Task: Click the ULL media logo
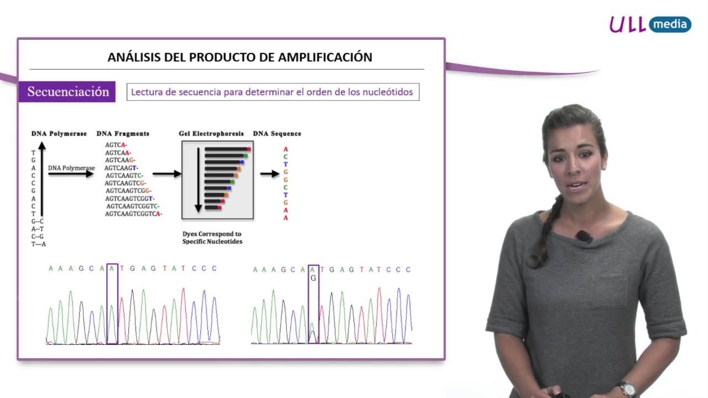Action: coord(650,24)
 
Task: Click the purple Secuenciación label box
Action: coord(67,92)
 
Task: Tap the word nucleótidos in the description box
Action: coord(387,92)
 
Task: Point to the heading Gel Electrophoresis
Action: coord(211,134)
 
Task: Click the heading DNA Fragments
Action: coord(123,134)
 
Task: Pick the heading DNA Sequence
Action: coord(277,134)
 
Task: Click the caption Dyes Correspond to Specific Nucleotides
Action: coord(212,238)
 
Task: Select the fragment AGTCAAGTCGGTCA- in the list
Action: coord(133,214)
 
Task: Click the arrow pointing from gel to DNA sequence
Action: coord(270,174)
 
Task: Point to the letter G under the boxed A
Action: coord(314,279)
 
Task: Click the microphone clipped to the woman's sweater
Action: coord(584,237)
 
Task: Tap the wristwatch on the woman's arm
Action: coord(627,389)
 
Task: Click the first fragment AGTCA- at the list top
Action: coord(116,145)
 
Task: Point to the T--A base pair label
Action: coord(39,244)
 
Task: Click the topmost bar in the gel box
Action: coord(227,149)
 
